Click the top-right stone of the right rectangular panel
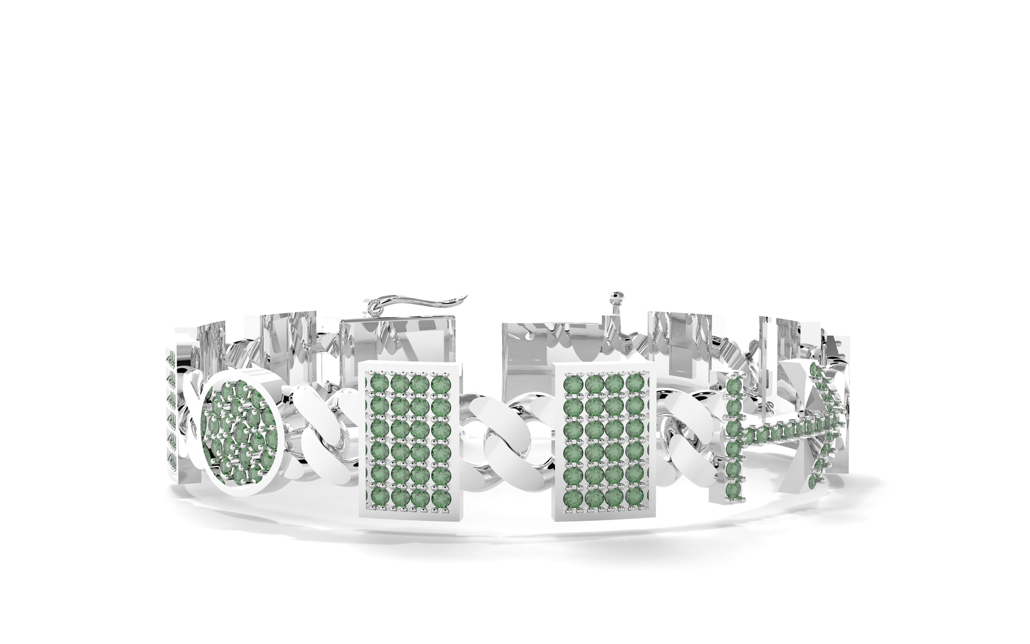634,382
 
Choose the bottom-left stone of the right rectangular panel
573,498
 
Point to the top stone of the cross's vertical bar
733,387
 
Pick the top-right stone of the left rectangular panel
439,382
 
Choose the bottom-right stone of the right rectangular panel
634,498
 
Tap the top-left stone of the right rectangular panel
573,382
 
